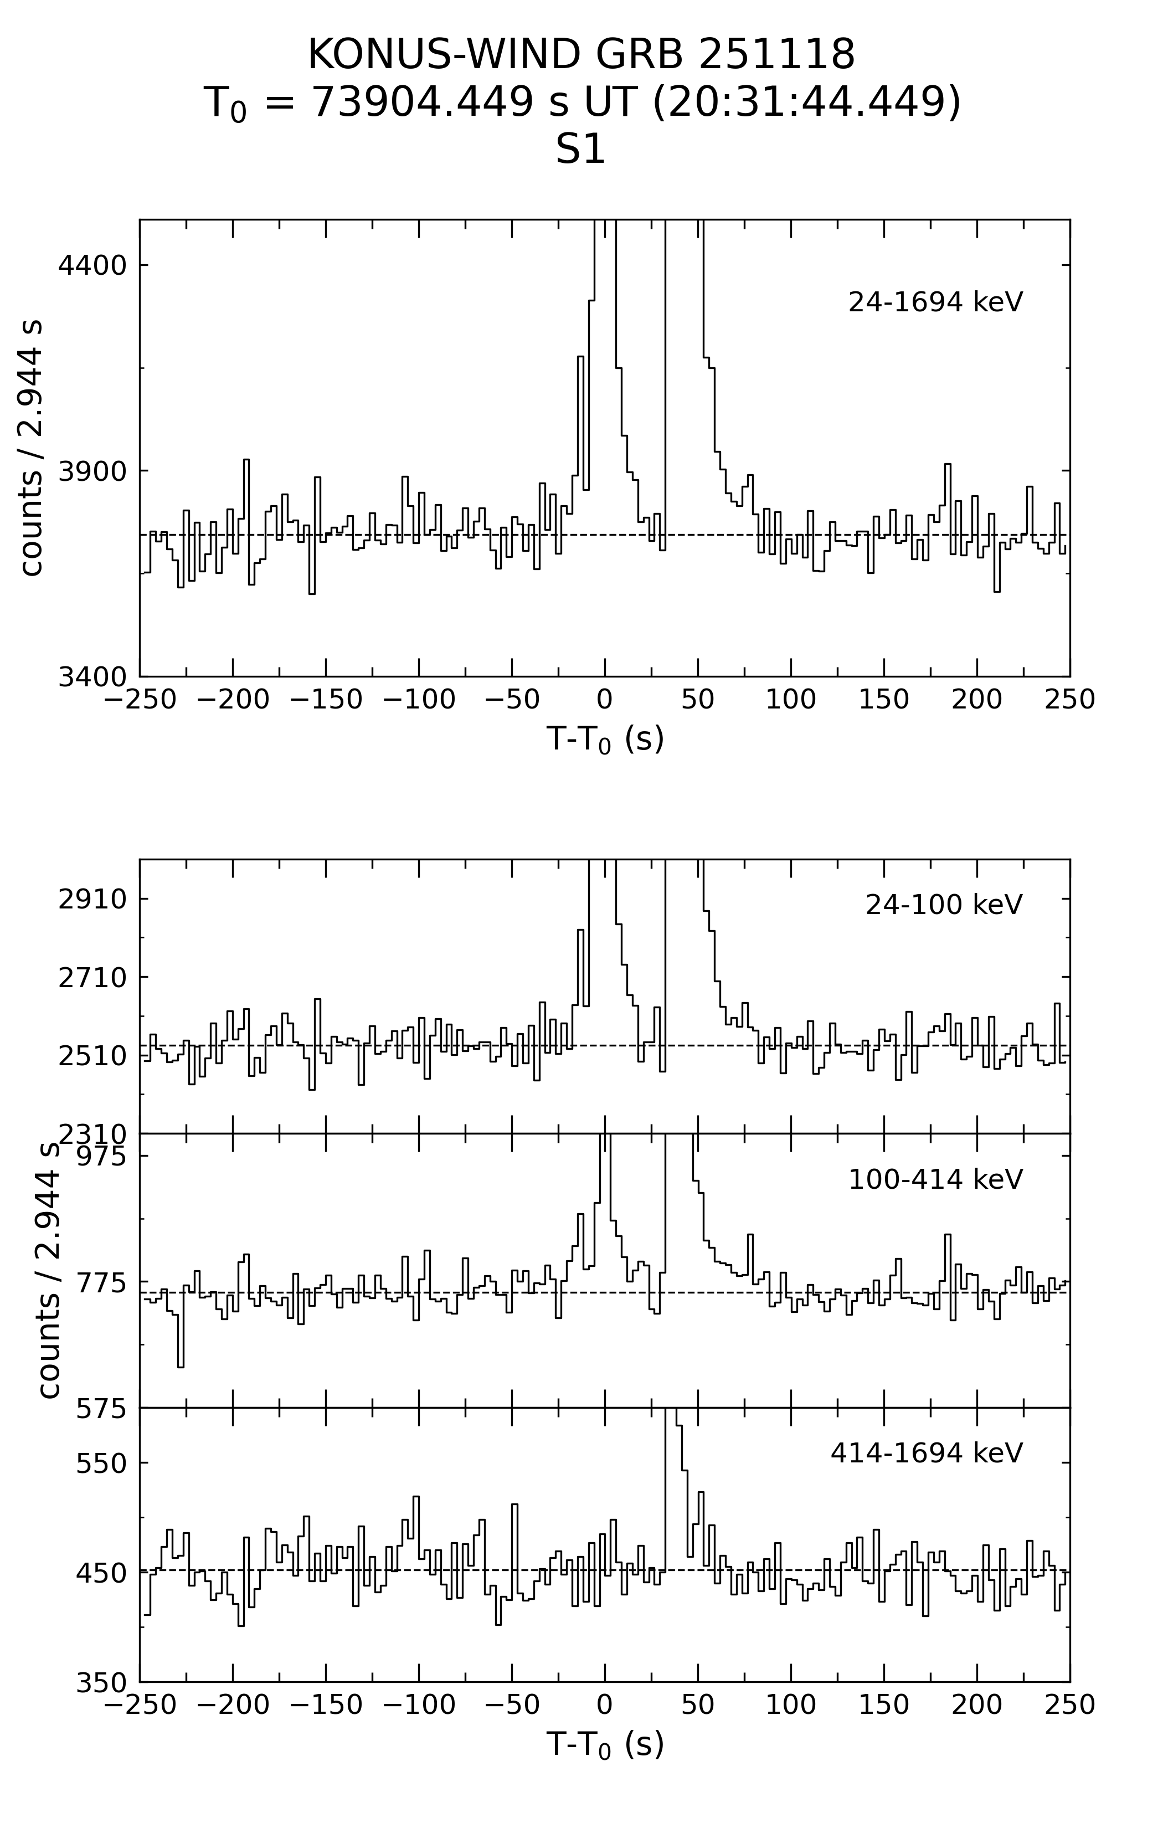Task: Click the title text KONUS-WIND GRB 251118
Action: point(581,55)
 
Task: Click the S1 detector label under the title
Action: point(581,150)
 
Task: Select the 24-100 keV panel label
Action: point(944,905)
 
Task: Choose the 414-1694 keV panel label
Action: point(926,1453)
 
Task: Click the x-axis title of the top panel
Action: point(605,738)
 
